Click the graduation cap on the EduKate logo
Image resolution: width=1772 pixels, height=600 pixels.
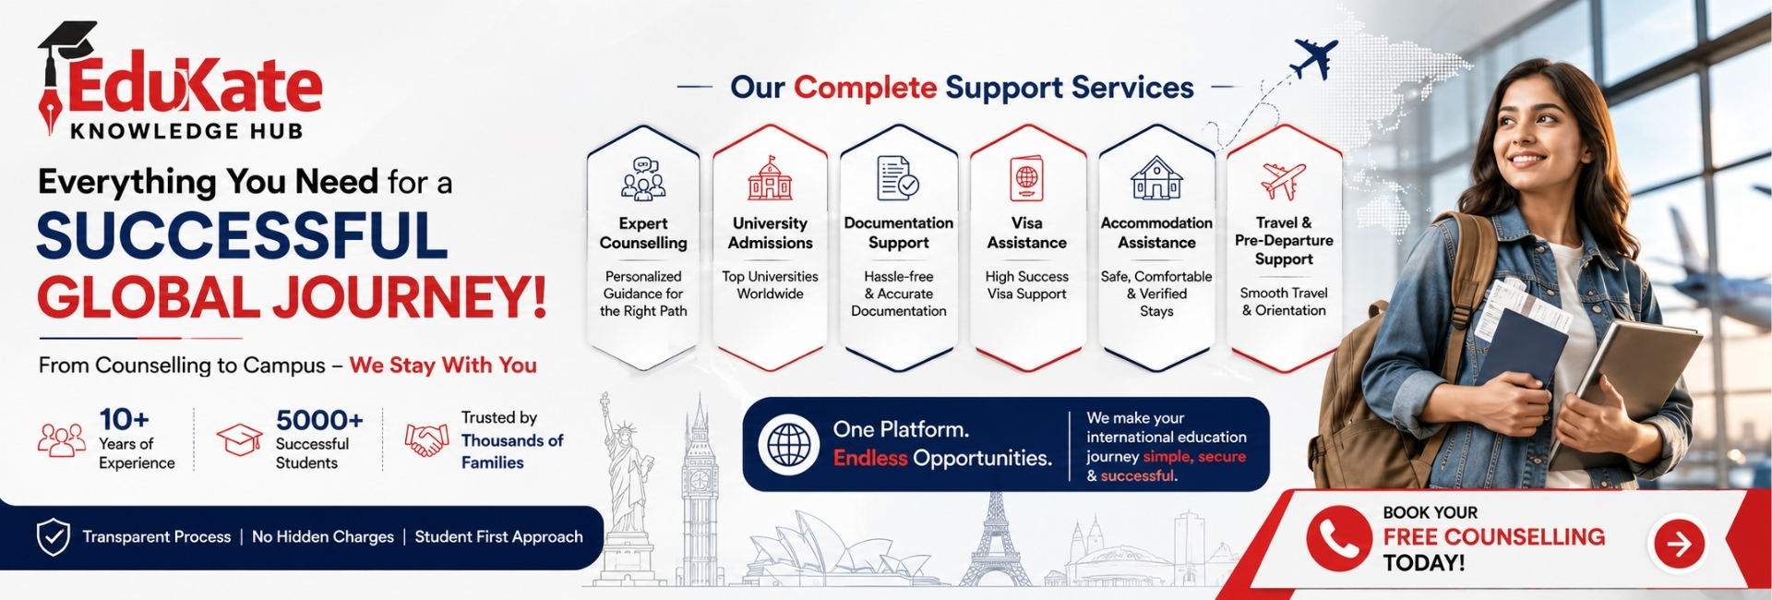67,42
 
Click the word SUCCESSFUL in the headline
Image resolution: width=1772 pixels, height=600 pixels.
242,236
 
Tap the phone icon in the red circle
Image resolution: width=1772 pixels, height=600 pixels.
1338,538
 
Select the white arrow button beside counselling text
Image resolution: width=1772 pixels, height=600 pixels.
1678,544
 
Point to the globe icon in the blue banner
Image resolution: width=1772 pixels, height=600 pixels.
789,445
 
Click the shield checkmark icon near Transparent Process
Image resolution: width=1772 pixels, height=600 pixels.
54,537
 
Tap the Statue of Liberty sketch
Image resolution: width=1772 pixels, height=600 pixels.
625,489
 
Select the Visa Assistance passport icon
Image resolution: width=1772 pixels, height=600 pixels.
1026,178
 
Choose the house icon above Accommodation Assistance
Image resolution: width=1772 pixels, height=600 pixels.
1156,178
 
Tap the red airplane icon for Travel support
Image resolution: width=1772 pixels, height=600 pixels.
1283,181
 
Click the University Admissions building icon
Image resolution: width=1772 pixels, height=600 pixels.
770,178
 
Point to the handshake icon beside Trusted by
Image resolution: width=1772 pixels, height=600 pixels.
426,439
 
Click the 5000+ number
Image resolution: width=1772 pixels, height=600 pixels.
319,420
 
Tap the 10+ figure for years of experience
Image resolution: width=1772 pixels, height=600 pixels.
125,420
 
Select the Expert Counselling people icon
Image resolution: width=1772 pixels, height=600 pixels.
643,179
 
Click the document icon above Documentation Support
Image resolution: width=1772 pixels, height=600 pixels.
897,178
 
